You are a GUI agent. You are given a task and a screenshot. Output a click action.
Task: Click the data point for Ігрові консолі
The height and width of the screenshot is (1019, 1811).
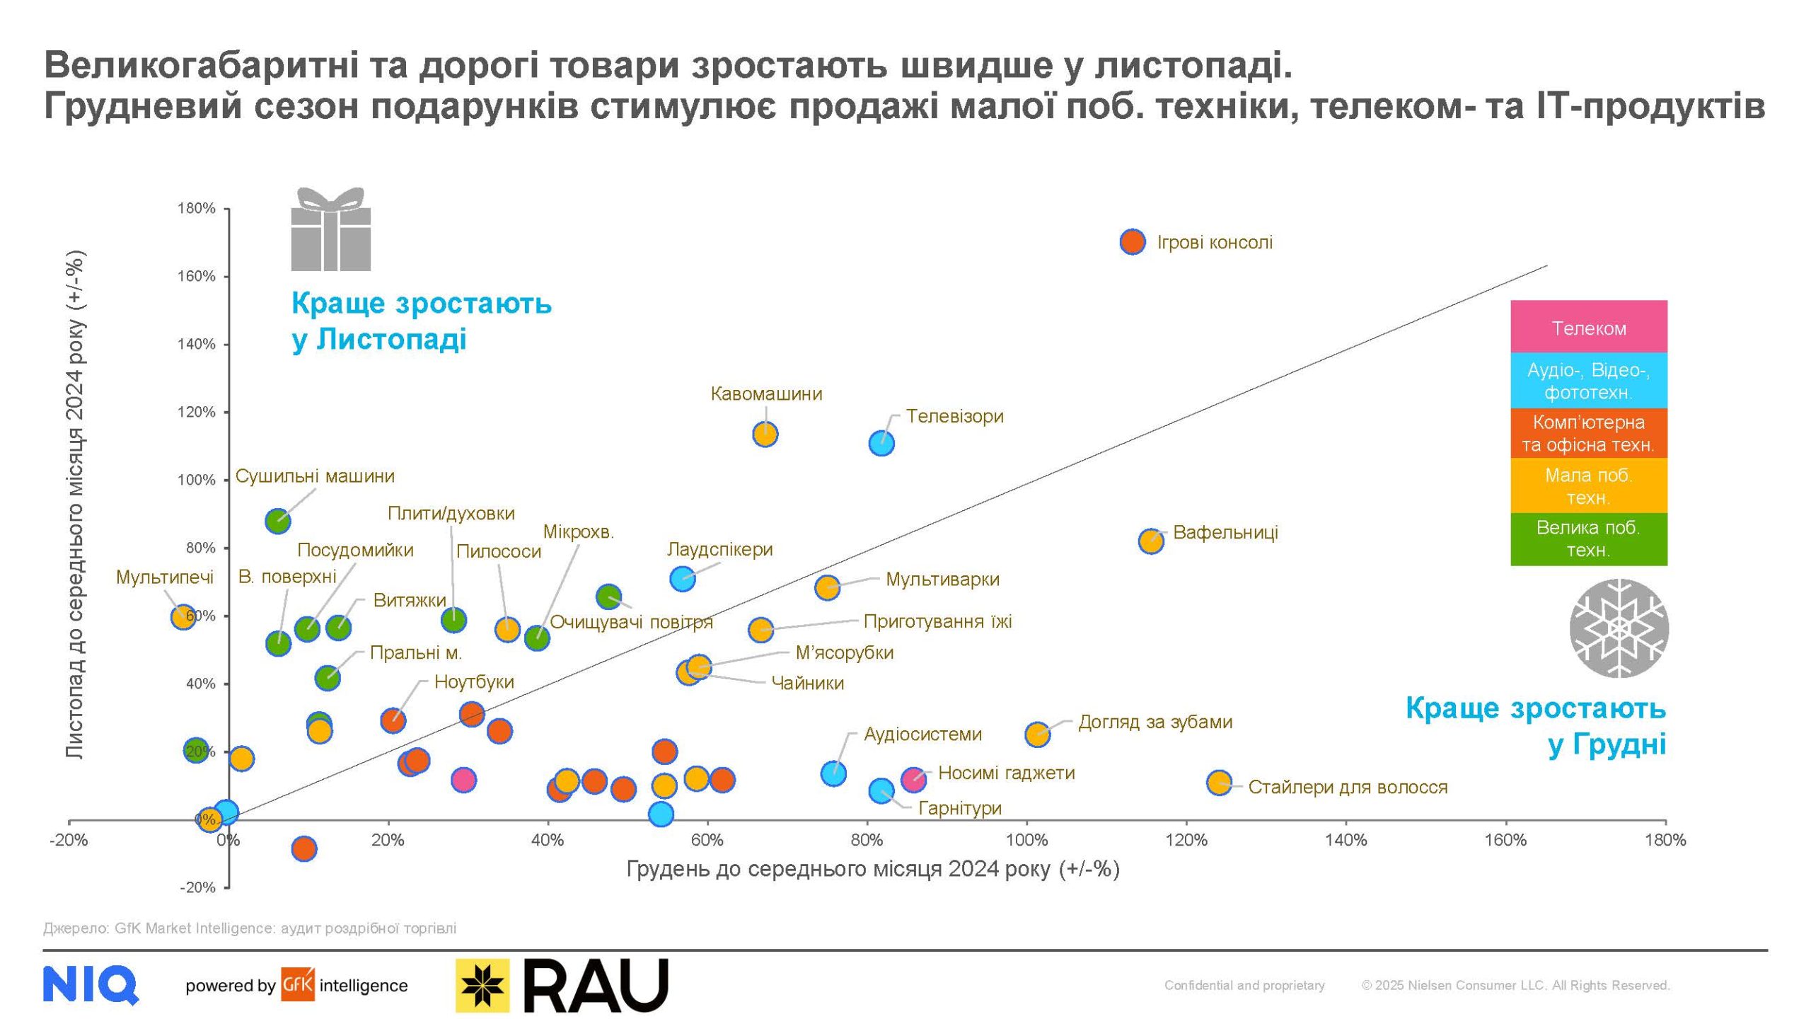1133,242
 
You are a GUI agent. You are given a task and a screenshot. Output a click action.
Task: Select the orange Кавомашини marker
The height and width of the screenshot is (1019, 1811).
765,434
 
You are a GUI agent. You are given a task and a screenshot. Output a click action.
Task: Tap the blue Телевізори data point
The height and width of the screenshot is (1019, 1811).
881,444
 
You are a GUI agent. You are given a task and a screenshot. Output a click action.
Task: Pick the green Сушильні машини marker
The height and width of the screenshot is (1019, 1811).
278,522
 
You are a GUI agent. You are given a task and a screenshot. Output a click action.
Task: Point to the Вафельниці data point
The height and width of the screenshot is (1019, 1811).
1151,541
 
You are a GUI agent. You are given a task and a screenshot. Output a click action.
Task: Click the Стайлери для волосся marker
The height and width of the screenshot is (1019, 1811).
1219,783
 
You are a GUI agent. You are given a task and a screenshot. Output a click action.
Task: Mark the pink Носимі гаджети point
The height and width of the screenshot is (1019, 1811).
914,779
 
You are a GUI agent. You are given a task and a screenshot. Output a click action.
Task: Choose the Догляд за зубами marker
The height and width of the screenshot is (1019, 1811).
1037,735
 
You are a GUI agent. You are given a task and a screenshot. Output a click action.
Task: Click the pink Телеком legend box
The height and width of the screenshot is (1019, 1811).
1588,328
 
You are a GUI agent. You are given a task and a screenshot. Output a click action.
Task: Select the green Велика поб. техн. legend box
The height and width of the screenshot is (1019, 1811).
1588,539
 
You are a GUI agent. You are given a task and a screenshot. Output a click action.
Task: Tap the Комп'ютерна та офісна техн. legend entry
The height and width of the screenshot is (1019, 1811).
1588,433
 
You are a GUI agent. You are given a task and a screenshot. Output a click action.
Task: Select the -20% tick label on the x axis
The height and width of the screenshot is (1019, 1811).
69,840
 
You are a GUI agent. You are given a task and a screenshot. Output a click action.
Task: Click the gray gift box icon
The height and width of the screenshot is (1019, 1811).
331,230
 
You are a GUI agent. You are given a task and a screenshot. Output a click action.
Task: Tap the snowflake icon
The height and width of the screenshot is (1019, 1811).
1619,628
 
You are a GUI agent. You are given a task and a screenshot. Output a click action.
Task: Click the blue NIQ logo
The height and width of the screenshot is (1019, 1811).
90,985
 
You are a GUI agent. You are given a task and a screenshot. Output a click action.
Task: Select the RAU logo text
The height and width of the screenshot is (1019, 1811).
596,985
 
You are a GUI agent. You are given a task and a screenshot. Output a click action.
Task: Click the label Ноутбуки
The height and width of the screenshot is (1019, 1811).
474,682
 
